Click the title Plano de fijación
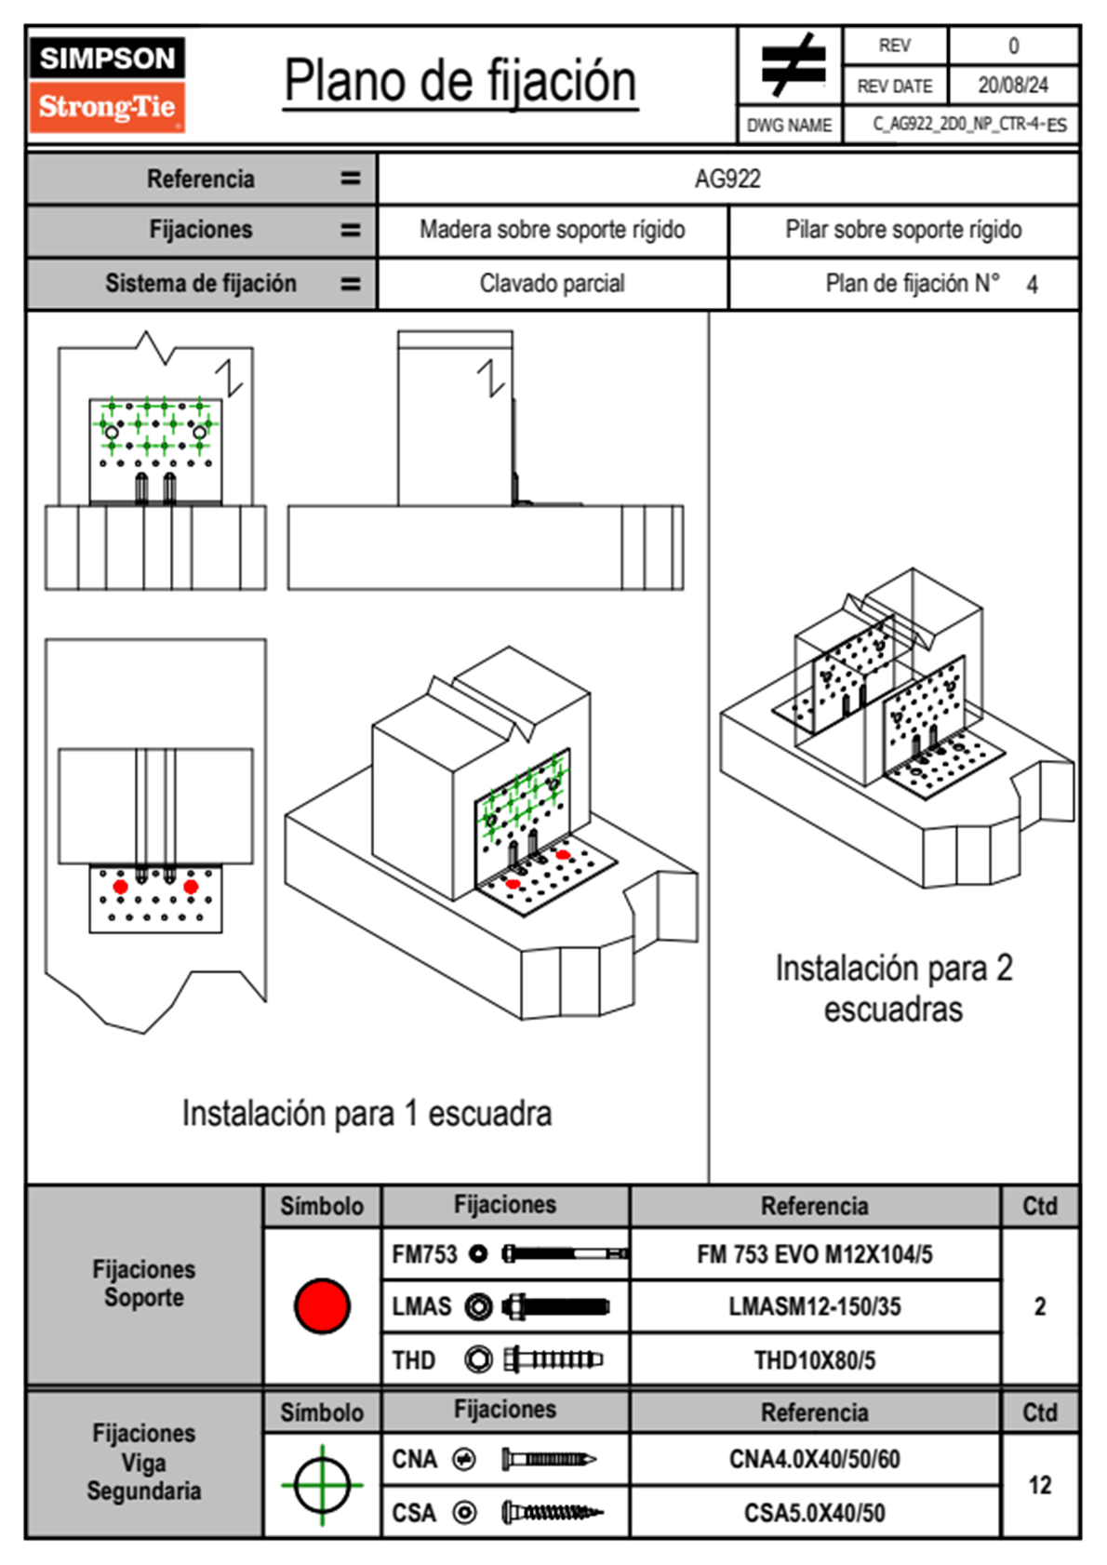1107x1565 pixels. [x=460, y=82]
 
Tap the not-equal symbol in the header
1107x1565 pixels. [x=793, y=65]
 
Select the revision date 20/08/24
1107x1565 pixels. [x=1012, y=86]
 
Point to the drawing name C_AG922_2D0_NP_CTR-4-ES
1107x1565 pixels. [x=968, y=125]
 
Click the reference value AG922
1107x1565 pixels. [x=727, y=179]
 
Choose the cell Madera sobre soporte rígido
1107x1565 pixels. [x=552, y=230]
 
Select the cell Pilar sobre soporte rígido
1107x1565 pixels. [x=902, y=230]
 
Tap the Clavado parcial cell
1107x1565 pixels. [x=552, y=283]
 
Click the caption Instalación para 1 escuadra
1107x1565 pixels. [x=367, y=1113]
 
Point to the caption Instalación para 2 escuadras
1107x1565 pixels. [x=893, y=988]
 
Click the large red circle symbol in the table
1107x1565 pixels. [x=322, y=1305]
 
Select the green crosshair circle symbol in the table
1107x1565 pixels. [x=322, y=1485]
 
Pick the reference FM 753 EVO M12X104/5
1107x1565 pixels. [x=814, y=1254]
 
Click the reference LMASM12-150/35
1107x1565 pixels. [x=814, y=1306]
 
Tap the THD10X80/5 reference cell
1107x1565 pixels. [x=814, y=1360]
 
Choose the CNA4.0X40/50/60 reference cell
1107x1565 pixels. [x=814, y=1459]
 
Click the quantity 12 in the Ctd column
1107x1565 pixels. [x=1039, y=1485]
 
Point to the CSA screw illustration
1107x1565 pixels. [x=551, y=1513]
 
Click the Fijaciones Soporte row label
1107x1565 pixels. [x=144, y=1283]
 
